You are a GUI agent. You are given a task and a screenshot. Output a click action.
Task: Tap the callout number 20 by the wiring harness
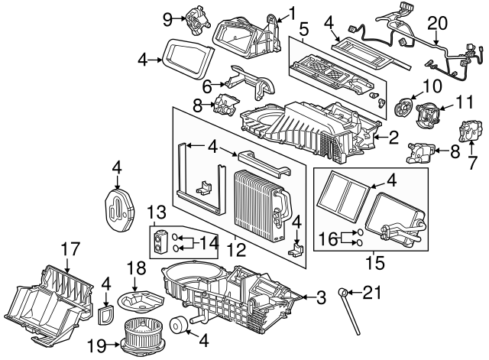coord(436,24)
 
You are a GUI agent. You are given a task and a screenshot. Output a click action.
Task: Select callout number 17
coord(70,248)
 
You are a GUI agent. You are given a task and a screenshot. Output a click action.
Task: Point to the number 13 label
coord(156,211)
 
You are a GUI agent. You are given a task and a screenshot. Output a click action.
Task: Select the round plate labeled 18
coord(143,295)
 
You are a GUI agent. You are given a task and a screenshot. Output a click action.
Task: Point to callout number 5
coord(303,31)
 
